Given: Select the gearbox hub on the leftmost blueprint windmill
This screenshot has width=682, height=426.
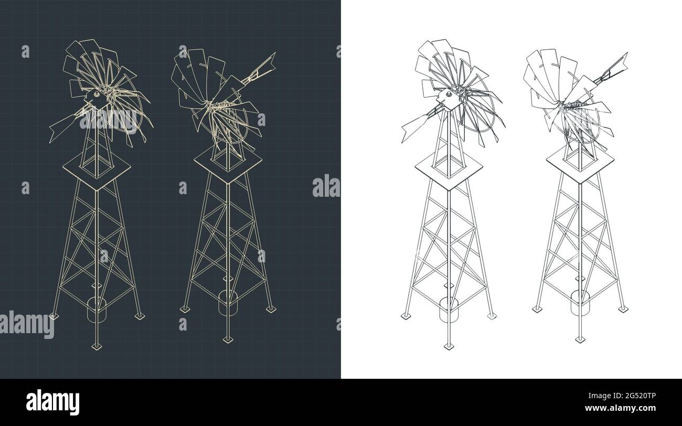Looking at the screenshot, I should click(96, 96).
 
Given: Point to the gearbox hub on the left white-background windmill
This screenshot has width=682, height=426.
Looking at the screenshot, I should click(449, 96).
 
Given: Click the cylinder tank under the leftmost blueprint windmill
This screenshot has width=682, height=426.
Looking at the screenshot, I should click(96, 310).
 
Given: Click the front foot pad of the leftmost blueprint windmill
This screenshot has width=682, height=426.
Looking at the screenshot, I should click(96, 346).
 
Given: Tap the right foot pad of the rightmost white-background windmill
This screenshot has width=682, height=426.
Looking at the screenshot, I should click(623, 309).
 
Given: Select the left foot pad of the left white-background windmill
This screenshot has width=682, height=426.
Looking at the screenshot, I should click(406, 316).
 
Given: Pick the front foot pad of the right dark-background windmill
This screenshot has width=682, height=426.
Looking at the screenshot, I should click(228, 339).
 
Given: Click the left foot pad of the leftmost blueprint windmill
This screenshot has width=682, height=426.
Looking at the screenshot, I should click(53, 316).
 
